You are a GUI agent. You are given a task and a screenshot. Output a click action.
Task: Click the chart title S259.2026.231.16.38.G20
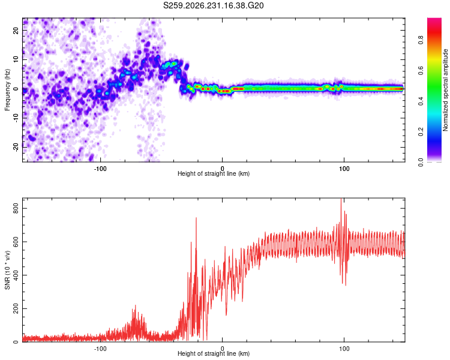coord(213,5)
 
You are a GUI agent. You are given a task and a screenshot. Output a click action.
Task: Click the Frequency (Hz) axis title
coord(7,90)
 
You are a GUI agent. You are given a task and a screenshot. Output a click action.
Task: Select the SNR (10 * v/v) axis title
coord(7,270)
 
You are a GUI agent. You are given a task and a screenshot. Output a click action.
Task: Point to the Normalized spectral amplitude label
coord(445,90)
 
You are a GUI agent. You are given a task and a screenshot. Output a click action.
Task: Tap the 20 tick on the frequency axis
coord(16,31)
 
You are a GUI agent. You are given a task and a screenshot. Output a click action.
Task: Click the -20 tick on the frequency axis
coord(16,147)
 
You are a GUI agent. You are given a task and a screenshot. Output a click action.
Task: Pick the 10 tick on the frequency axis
coord(16,60)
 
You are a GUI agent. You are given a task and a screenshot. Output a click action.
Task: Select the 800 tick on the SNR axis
coord(16,208)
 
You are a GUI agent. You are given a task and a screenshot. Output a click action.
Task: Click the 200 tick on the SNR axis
coord(16,308)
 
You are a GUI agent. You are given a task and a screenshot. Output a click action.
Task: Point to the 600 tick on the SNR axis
coord(16,242)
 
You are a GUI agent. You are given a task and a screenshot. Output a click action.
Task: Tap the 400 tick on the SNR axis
coord(16,275)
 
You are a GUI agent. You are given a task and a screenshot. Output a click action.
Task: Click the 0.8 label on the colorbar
coord(421,40)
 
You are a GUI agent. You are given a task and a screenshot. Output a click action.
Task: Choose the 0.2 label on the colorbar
coord(421,131)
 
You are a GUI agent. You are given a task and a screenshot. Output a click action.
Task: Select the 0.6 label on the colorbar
coord(421,70)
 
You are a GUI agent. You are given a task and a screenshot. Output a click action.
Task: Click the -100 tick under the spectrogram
coord(100,169)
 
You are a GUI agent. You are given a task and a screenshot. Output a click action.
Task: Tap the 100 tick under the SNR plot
coord(344,349)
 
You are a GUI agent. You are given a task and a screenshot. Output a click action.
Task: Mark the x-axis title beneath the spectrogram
coord(214,173)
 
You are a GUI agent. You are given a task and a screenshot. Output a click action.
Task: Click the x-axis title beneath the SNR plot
coord(214,353)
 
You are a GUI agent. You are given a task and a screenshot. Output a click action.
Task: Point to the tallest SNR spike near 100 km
coord(341,199)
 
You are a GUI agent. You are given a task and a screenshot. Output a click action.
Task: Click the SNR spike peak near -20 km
coord(196,218)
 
